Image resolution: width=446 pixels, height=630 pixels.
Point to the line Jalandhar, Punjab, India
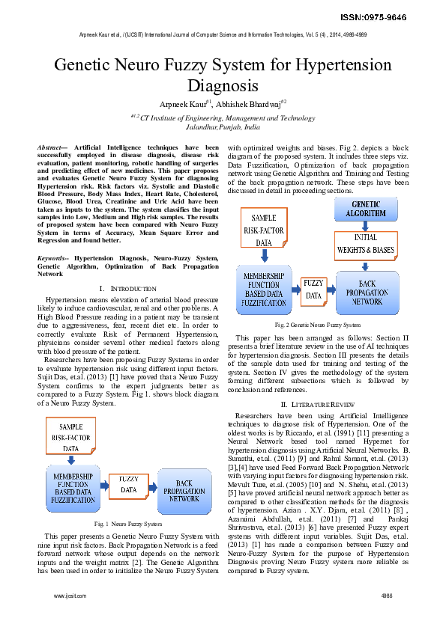[x=223, y=127]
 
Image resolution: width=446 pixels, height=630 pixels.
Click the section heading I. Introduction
[x=128, y=288]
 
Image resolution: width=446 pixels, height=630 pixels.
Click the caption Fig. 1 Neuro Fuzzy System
[x=128, y=523]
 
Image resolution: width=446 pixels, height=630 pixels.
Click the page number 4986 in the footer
[x=387, y=596]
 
